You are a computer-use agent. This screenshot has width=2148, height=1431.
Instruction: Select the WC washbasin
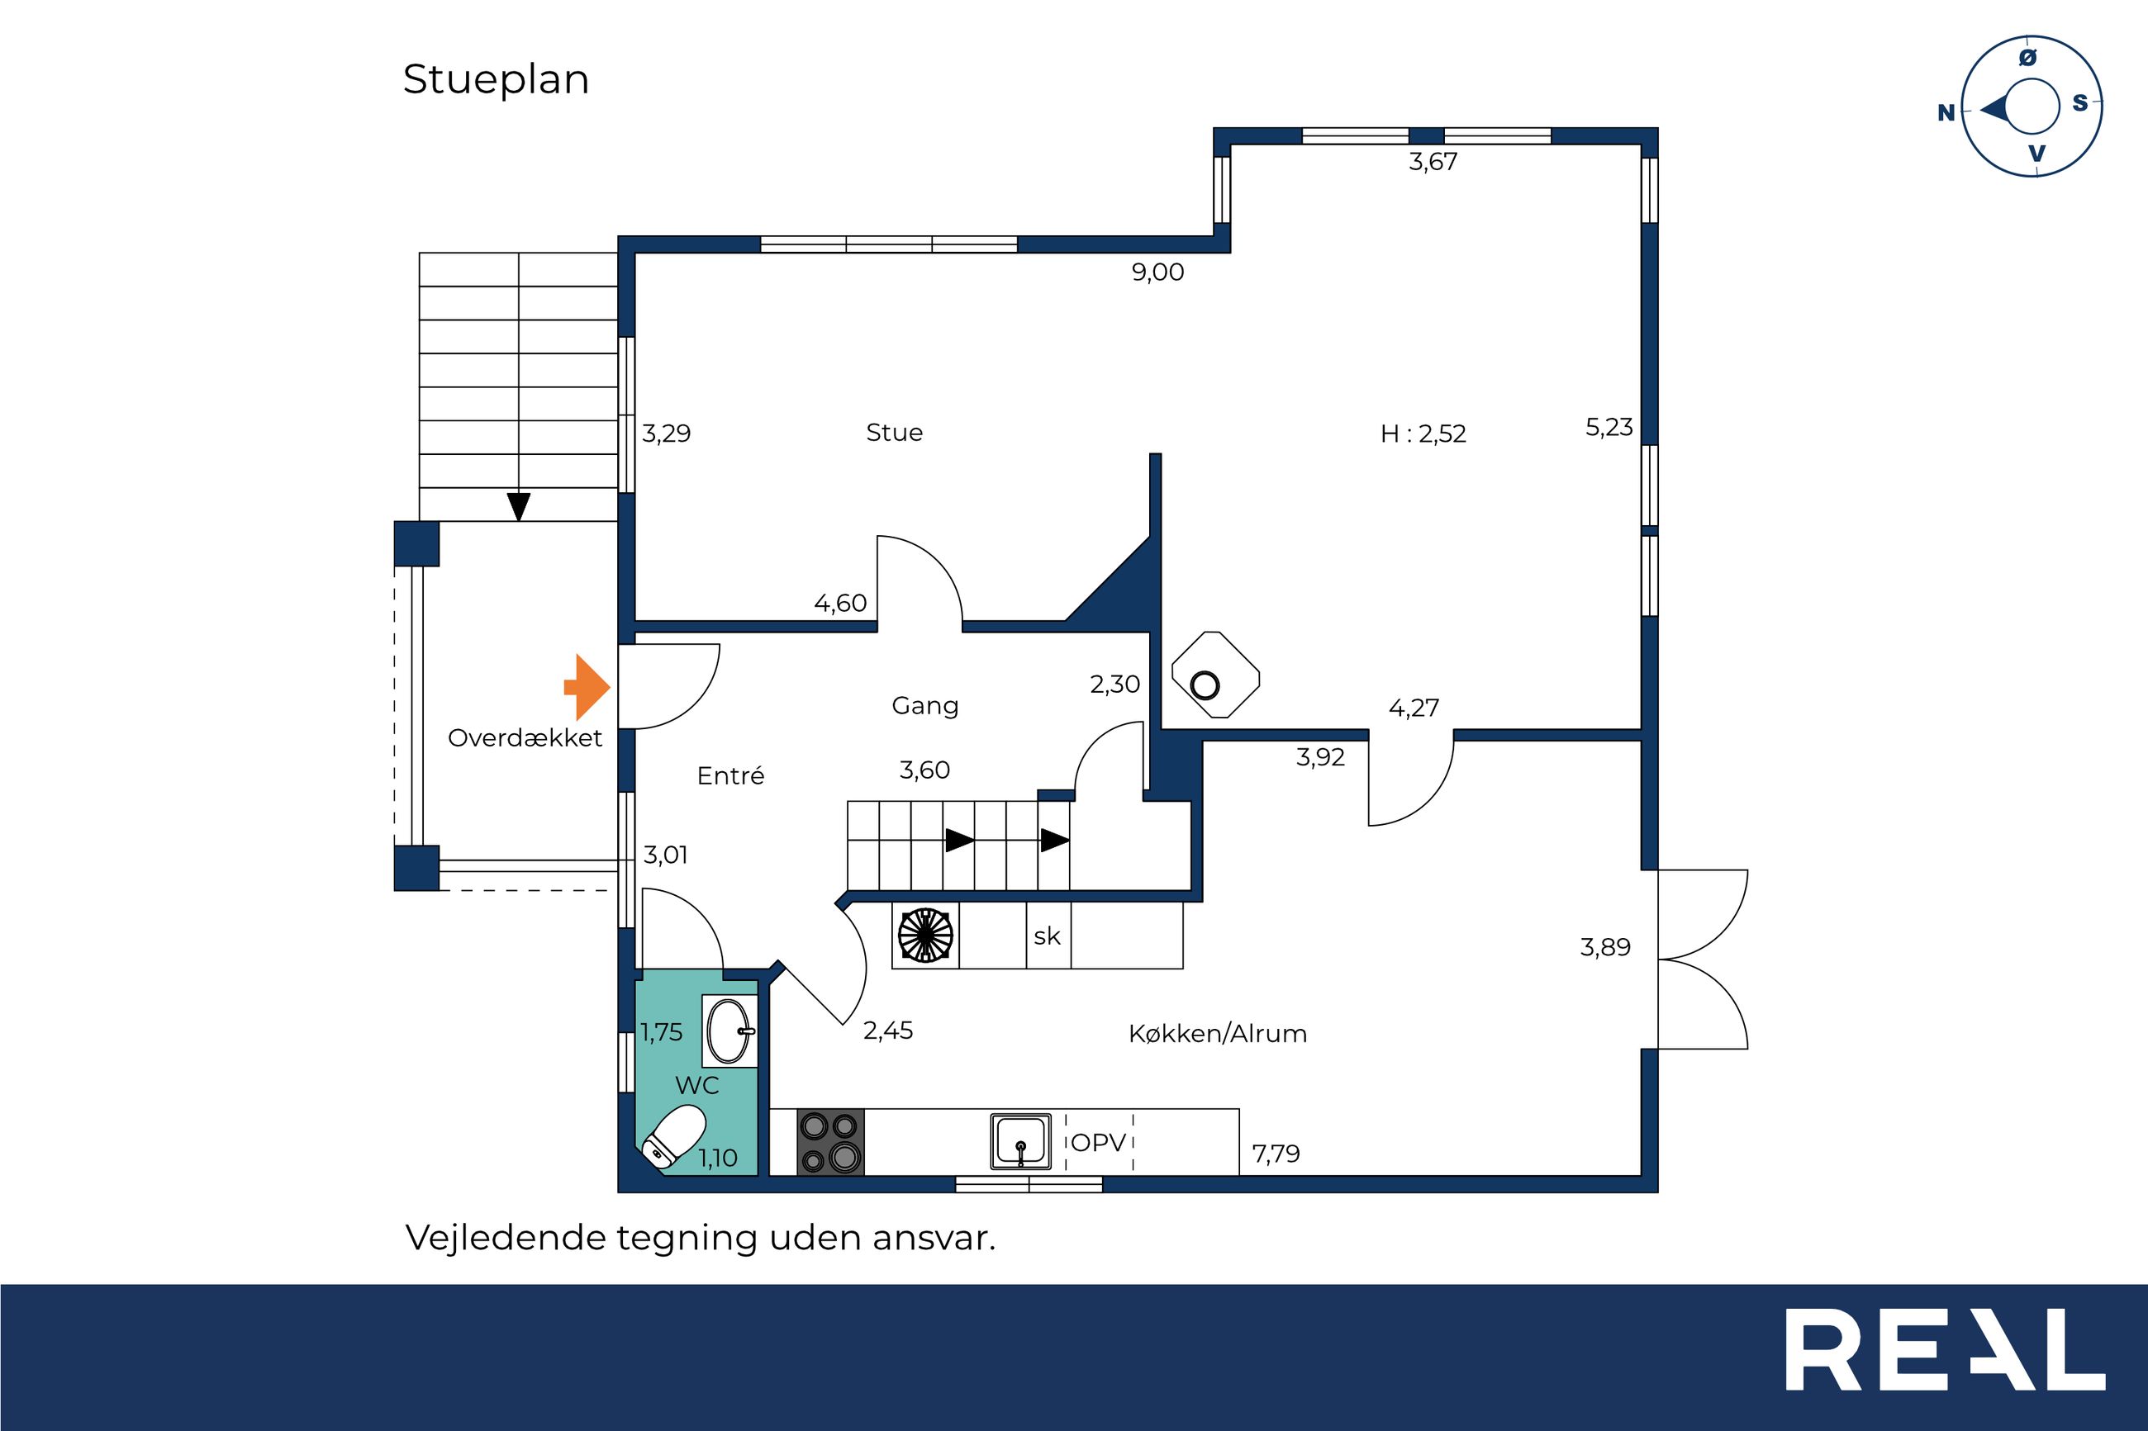click(x=729, y=1031)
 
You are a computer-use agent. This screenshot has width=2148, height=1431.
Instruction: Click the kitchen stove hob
click(x=829, y=1142)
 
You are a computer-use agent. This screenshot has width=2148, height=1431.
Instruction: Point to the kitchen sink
click(x=1020, y=1142)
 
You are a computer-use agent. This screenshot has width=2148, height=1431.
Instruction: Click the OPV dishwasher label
click(x=1098, y=1143)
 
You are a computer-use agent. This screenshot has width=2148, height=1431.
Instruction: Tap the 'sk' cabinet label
click(x=1047, y=936)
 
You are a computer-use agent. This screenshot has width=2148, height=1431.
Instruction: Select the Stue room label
click(x=894, y=433)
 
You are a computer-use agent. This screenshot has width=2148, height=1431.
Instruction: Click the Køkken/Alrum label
click(x=1217, y=1034)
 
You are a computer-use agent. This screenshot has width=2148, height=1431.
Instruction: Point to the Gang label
click(x=924, y=705)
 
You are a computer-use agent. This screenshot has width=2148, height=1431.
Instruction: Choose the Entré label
click(x=730, y=775)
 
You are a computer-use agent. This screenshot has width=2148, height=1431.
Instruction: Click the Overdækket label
click(x=525, y=737)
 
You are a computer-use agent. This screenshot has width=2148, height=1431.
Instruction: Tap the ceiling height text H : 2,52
click(x=1423, y=434)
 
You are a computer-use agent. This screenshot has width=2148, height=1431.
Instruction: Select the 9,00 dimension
click(x=1157, y=272)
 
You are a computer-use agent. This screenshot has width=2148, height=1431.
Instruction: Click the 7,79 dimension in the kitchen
click(x=1276, y=1154)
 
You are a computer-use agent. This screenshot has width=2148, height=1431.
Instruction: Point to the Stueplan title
click(x=496, y=79)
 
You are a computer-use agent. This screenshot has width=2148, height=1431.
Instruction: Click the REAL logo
click(x=1945, y=1350)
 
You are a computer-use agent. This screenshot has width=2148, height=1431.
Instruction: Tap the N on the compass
click(x=1946, y=112)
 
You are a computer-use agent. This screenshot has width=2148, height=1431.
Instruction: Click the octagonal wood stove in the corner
click(x=1214, y=675)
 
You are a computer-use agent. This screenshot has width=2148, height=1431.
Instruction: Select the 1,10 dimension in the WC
click(x=718, y=1159)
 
